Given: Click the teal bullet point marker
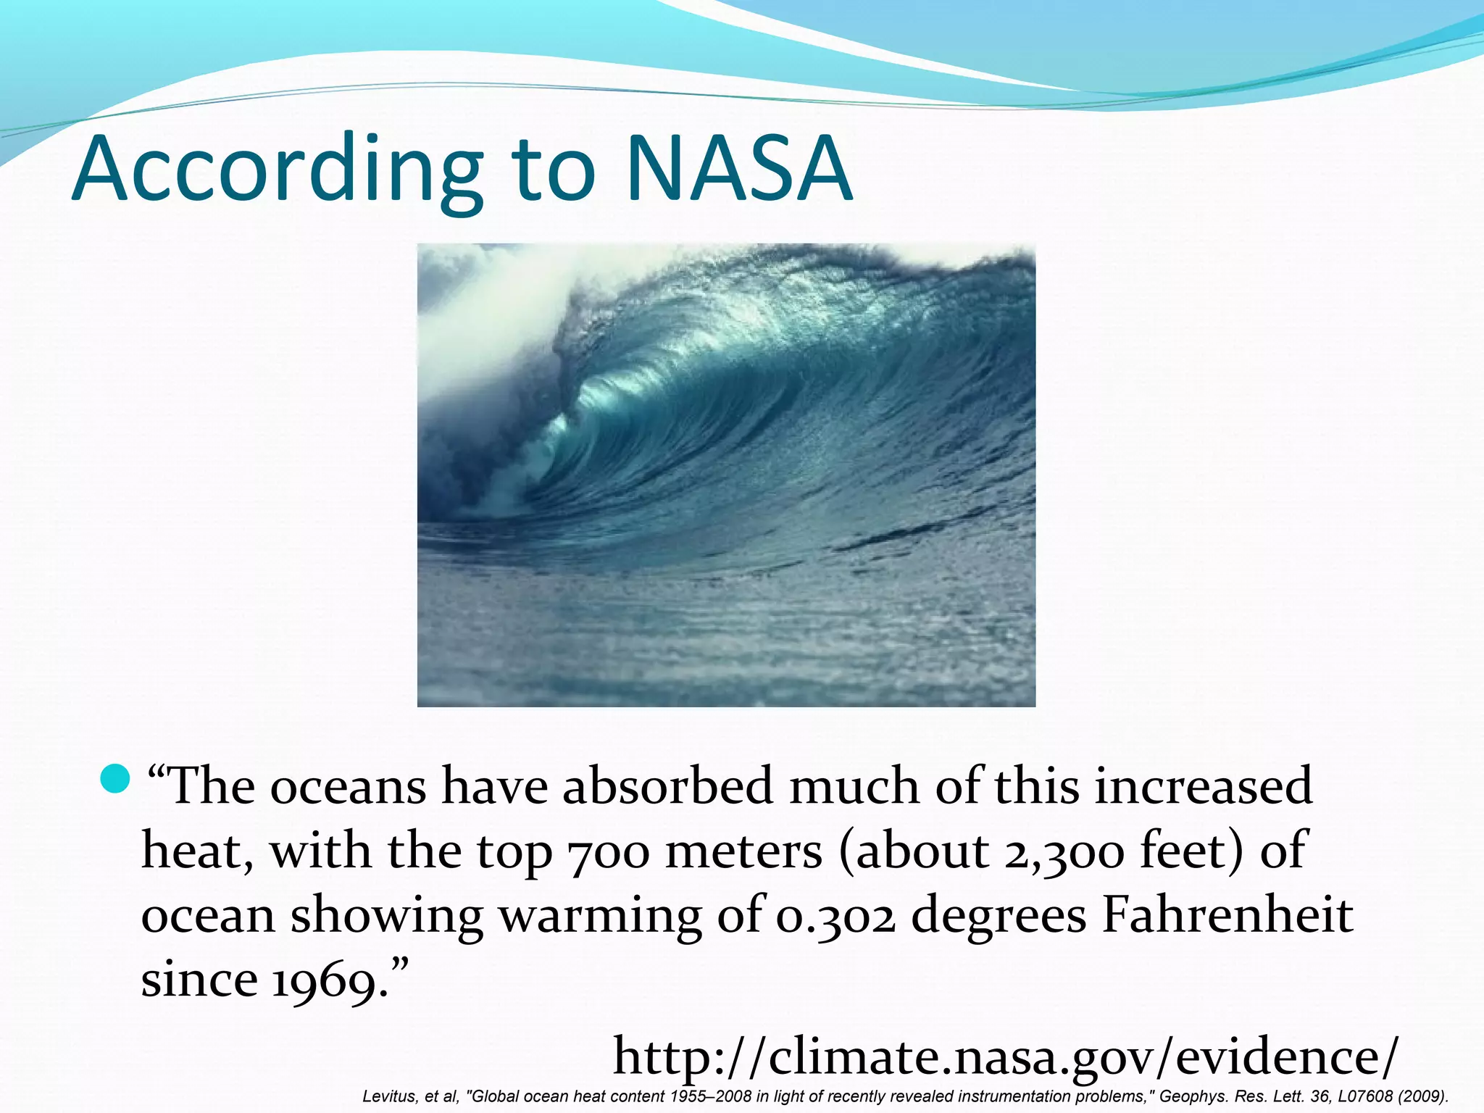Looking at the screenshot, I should (x=114, y=780).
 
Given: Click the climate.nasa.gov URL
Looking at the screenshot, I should (x=1004, y=1056).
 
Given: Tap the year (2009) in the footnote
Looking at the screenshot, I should (x=1422, y=1096).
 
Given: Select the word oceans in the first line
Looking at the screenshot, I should (x=348, y=787).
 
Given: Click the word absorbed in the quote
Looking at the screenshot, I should (x=667, y=787).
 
